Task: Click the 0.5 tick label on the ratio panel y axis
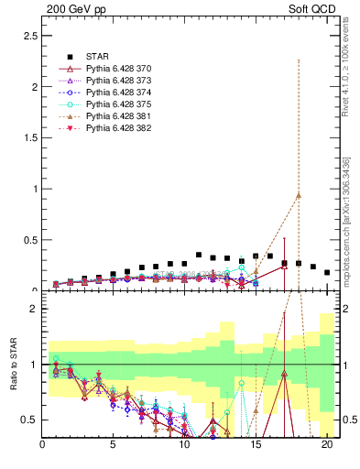click(29, 420)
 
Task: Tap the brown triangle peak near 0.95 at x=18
click(299, 195)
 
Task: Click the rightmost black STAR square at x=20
click(327, 272)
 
